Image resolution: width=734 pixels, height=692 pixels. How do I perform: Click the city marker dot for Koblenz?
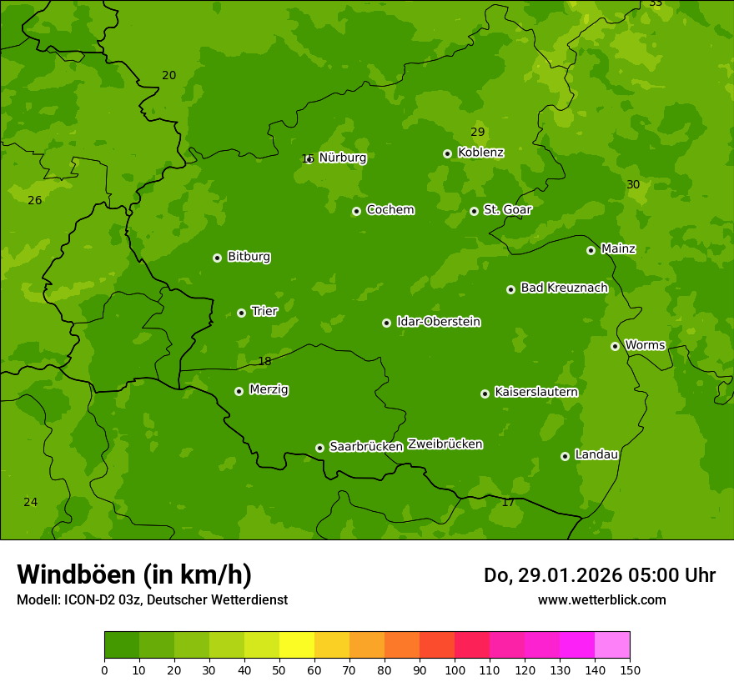tap(448, 153)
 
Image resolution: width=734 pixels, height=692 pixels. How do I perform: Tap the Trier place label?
tap(264, 311)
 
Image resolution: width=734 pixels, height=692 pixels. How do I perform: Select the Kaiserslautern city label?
tap(536, 392)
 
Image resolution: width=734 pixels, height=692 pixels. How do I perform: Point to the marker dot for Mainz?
tap(591, 250)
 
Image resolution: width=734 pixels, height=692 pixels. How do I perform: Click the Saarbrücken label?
tap(366, 447)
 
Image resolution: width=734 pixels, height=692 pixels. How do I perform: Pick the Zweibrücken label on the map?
tap(445, 444)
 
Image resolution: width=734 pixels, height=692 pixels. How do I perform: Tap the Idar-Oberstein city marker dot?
tap(386, 323)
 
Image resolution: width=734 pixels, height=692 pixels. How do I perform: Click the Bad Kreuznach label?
tap(564, 288)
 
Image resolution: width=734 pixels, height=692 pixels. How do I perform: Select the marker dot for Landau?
tap(565, 456)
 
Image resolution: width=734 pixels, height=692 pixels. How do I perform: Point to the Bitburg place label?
tap(249, 257)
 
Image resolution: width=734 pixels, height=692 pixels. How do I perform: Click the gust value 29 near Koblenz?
tap(477, 133)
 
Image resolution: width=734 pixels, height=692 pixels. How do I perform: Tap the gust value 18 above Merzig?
tap(264, 362)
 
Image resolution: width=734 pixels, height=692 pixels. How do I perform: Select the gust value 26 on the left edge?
tap(34, 201)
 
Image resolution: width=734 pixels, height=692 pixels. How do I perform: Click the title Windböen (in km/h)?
tap(134, 574)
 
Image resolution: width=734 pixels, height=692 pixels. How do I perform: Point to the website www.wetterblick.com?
tap(601, 600)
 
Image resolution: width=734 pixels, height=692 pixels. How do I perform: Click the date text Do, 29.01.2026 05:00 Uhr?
tap(600, 575)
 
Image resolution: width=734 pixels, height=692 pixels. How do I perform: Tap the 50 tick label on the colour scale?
tap(279, 669)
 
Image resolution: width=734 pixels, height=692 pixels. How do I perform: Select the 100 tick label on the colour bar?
tap(455, 669)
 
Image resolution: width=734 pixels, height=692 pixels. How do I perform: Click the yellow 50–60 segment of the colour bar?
tap(297, 645)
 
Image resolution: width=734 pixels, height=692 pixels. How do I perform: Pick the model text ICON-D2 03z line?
tap(152, 600)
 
